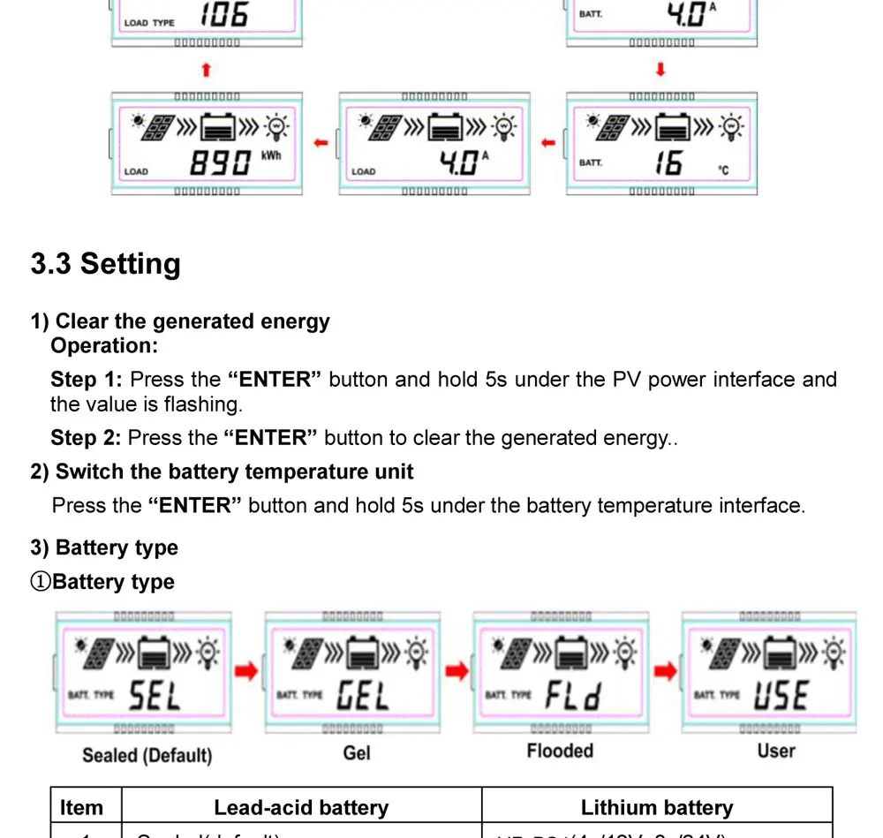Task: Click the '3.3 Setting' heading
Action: [x=105, y=264]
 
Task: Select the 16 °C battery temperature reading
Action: [x=668, y=162]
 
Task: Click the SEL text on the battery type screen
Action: [x=155, y=697]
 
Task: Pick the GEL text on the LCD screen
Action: [x=363, y=697]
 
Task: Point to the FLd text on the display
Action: [x=572, y=697]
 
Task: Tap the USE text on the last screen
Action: [x=781, y=696]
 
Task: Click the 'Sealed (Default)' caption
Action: [x=147, y=756]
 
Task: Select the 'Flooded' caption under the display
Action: [x=560, y=751]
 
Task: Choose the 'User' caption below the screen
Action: [x=776, y=751]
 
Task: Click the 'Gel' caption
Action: [x=357, y=753]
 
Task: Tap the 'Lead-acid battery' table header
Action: [x=301, y=808]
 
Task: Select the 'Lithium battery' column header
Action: [x=657, y=808]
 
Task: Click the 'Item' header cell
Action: [x=81, y=808]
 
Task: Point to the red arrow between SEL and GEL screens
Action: [x=247, y=672]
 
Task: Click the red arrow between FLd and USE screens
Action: [x=665, y=672]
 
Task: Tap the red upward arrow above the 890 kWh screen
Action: [x=206, y=70]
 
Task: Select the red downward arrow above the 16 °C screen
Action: [x=660, y=70]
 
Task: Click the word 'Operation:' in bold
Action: [x=104, y=346]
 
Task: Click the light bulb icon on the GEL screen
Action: [x=417, y=654]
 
